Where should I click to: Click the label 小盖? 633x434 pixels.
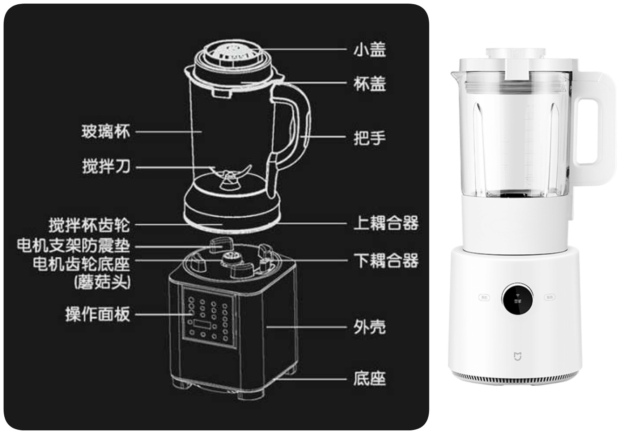click(x=370, y=50)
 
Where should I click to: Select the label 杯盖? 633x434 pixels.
click(x=370, y=84)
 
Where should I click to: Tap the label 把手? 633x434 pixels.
click(x=370, y=138)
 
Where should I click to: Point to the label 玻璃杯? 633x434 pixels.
click(x=105, y=132)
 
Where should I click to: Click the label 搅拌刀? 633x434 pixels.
click(x=106, y=167)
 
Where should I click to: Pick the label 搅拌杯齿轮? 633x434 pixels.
click(x=89, y=225)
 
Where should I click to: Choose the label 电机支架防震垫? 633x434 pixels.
click(x=73, y=246)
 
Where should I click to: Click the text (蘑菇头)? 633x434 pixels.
click(x=102, y=282)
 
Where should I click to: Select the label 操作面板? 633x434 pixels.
click(x=97, y=314)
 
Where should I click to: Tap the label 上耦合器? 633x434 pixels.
click(x=386, y=223)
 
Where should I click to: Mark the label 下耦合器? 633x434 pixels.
click(x=386, y=260)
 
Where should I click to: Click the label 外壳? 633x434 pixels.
click(x=370, y=327)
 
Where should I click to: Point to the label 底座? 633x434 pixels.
click(x=370, y=379)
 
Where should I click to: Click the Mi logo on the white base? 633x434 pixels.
click(x=518, y=357)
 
